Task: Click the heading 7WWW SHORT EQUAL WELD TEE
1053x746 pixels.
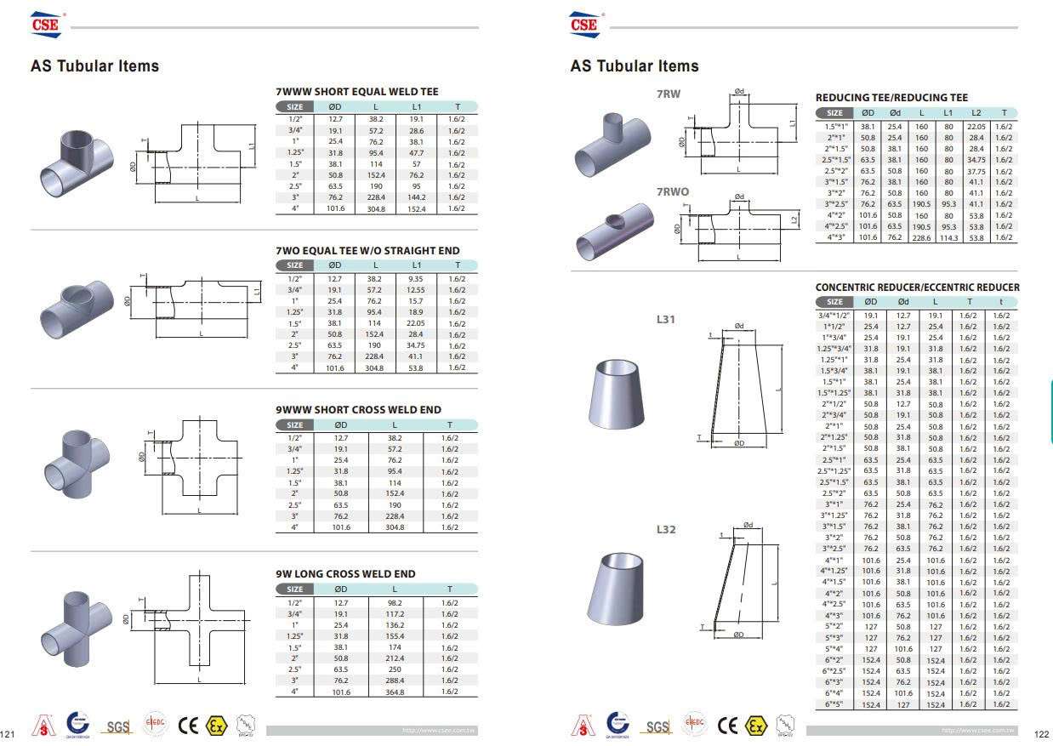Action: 357,92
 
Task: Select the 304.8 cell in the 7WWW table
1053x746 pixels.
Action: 375,208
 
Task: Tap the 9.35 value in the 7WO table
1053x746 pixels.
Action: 417,278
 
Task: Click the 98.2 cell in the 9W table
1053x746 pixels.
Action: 394,601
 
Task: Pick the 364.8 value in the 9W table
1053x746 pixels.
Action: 394,692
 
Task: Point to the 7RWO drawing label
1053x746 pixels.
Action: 673,192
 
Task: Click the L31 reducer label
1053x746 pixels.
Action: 665,320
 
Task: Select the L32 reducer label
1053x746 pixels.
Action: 666,529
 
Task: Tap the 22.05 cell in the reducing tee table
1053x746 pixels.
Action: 976,126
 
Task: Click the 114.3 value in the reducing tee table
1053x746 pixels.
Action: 948,237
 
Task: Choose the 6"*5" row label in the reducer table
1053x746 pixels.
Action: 833,704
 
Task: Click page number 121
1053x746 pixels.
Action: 10,733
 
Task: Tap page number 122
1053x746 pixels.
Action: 1041,733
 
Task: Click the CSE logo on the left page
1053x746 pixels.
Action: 47,25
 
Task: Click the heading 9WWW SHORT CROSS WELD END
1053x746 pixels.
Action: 358,410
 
